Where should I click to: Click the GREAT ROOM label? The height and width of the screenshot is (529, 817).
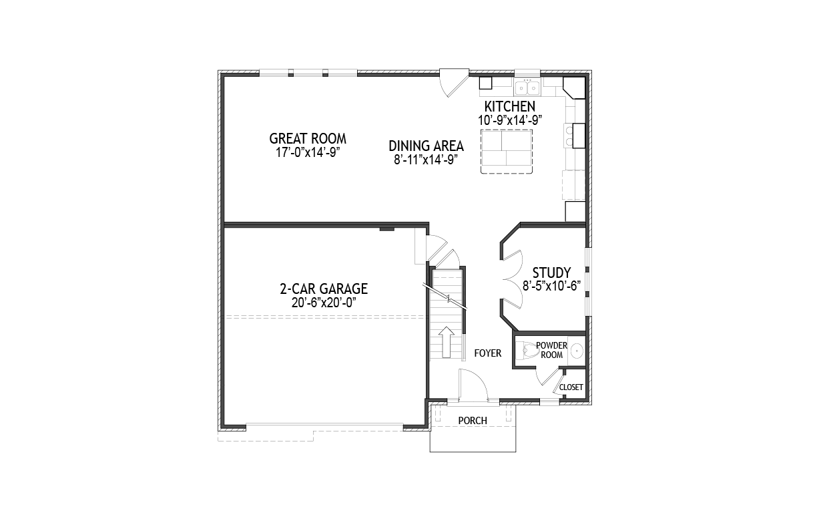[308, 139]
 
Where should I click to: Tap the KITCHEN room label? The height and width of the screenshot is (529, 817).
[510, 107]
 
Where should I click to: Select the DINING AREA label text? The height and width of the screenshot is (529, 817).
[426, 146]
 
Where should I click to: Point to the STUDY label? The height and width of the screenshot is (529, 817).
[551, 273]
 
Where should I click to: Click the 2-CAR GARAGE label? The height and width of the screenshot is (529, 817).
[324, 289]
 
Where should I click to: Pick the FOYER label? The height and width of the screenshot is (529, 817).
[488, 353]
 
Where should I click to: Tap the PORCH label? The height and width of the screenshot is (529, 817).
[473, 421]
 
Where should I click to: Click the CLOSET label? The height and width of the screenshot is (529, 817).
[571, 387]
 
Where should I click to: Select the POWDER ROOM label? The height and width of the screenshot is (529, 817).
[551, 350]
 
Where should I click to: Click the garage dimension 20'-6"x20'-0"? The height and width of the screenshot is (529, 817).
[324, 303]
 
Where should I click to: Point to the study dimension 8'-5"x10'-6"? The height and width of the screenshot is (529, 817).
[551, 286]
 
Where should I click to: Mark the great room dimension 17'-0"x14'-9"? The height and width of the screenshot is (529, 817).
[308, 152]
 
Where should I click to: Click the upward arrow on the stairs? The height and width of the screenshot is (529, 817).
[447, 342]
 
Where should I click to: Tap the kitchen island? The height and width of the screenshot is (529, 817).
[506, 152]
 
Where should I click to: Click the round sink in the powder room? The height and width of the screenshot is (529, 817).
[577, 351]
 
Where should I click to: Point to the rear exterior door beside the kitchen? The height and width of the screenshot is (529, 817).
[454, 83]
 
